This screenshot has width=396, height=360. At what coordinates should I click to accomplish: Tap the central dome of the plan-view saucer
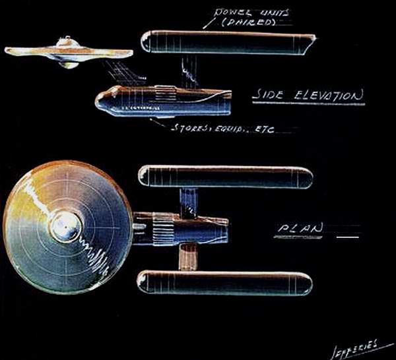67,227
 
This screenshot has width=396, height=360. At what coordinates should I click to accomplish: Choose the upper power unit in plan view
224,176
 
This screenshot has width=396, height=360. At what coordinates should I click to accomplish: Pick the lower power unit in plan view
224,282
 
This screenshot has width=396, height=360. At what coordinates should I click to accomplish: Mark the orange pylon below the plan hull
188,256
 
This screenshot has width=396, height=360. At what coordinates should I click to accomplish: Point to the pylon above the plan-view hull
189,200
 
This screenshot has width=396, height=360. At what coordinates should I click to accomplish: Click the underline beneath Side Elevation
308,105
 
